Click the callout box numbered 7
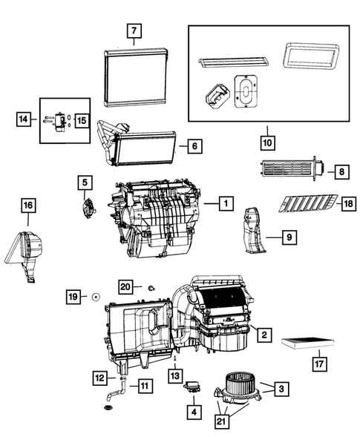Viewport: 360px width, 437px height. coord(134,33)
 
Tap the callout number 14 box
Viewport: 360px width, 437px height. coord(24,118)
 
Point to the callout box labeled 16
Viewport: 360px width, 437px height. coord(27,206)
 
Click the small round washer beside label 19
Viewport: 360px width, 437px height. coord(96,298)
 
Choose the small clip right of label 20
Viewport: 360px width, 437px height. coord(151,286)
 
